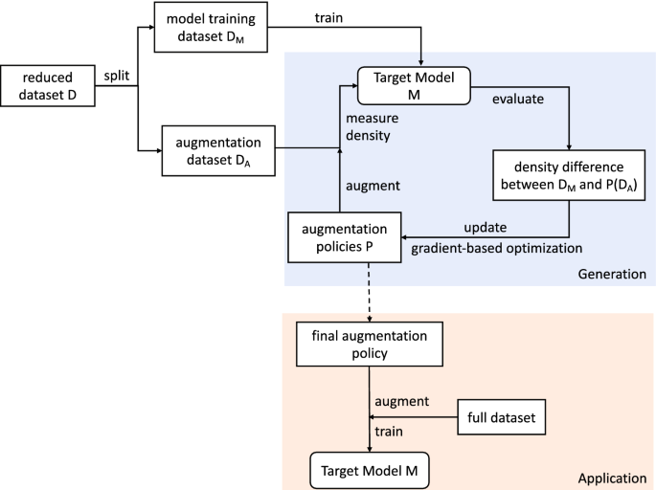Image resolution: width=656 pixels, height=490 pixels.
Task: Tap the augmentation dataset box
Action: coord(219,149)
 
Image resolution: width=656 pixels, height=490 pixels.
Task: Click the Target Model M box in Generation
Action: coord(414,85)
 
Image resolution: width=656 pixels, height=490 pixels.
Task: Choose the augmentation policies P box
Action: coord(344,237)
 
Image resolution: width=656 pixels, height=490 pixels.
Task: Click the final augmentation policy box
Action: coord(370,345)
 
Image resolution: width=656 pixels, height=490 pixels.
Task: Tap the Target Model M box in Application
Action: coord(370,470)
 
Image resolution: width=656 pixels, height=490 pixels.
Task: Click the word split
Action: coord(117,74)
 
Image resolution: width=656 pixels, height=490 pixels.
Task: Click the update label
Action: coord(484,227)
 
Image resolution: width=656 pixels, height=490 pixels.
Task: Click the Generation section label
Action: coord(612,274)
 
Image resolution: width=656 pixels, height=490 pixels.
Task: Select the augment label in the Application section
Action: coord(401,402)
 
